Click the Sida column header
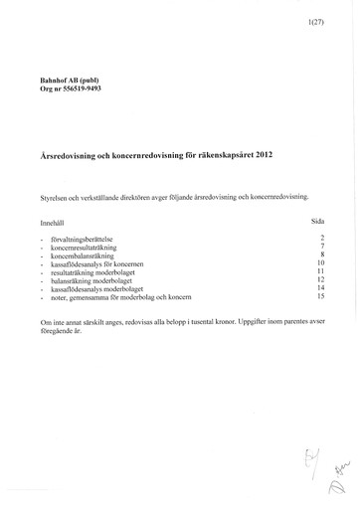[x=319, y=223]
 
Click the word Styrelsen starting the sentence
[x=55, y=196]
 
